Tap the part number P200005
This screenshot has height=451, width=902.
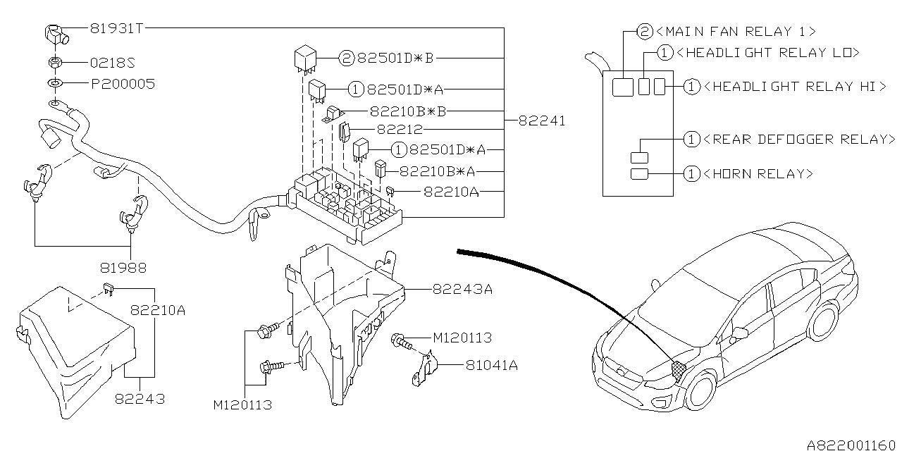[x=123, y=84]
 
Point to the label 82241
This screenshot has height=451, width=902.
[x=542, y=121]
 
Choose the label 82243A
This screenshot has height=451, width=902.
[x=462, y=289]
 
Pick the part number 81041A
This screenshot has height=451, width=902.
[x=492, y=365]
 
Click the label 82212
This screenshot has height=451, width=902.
[x=400, y=129]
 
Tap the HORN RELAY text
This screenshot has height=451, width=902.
[x=758, y=173]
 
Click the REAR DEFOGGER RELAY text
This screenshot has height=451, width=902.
[x=799, y=140]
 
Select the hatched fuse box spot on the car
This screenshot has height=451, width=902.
[x=679, y=369]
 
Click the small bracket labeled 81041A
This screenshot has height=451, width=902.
[x=424, y=369]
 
